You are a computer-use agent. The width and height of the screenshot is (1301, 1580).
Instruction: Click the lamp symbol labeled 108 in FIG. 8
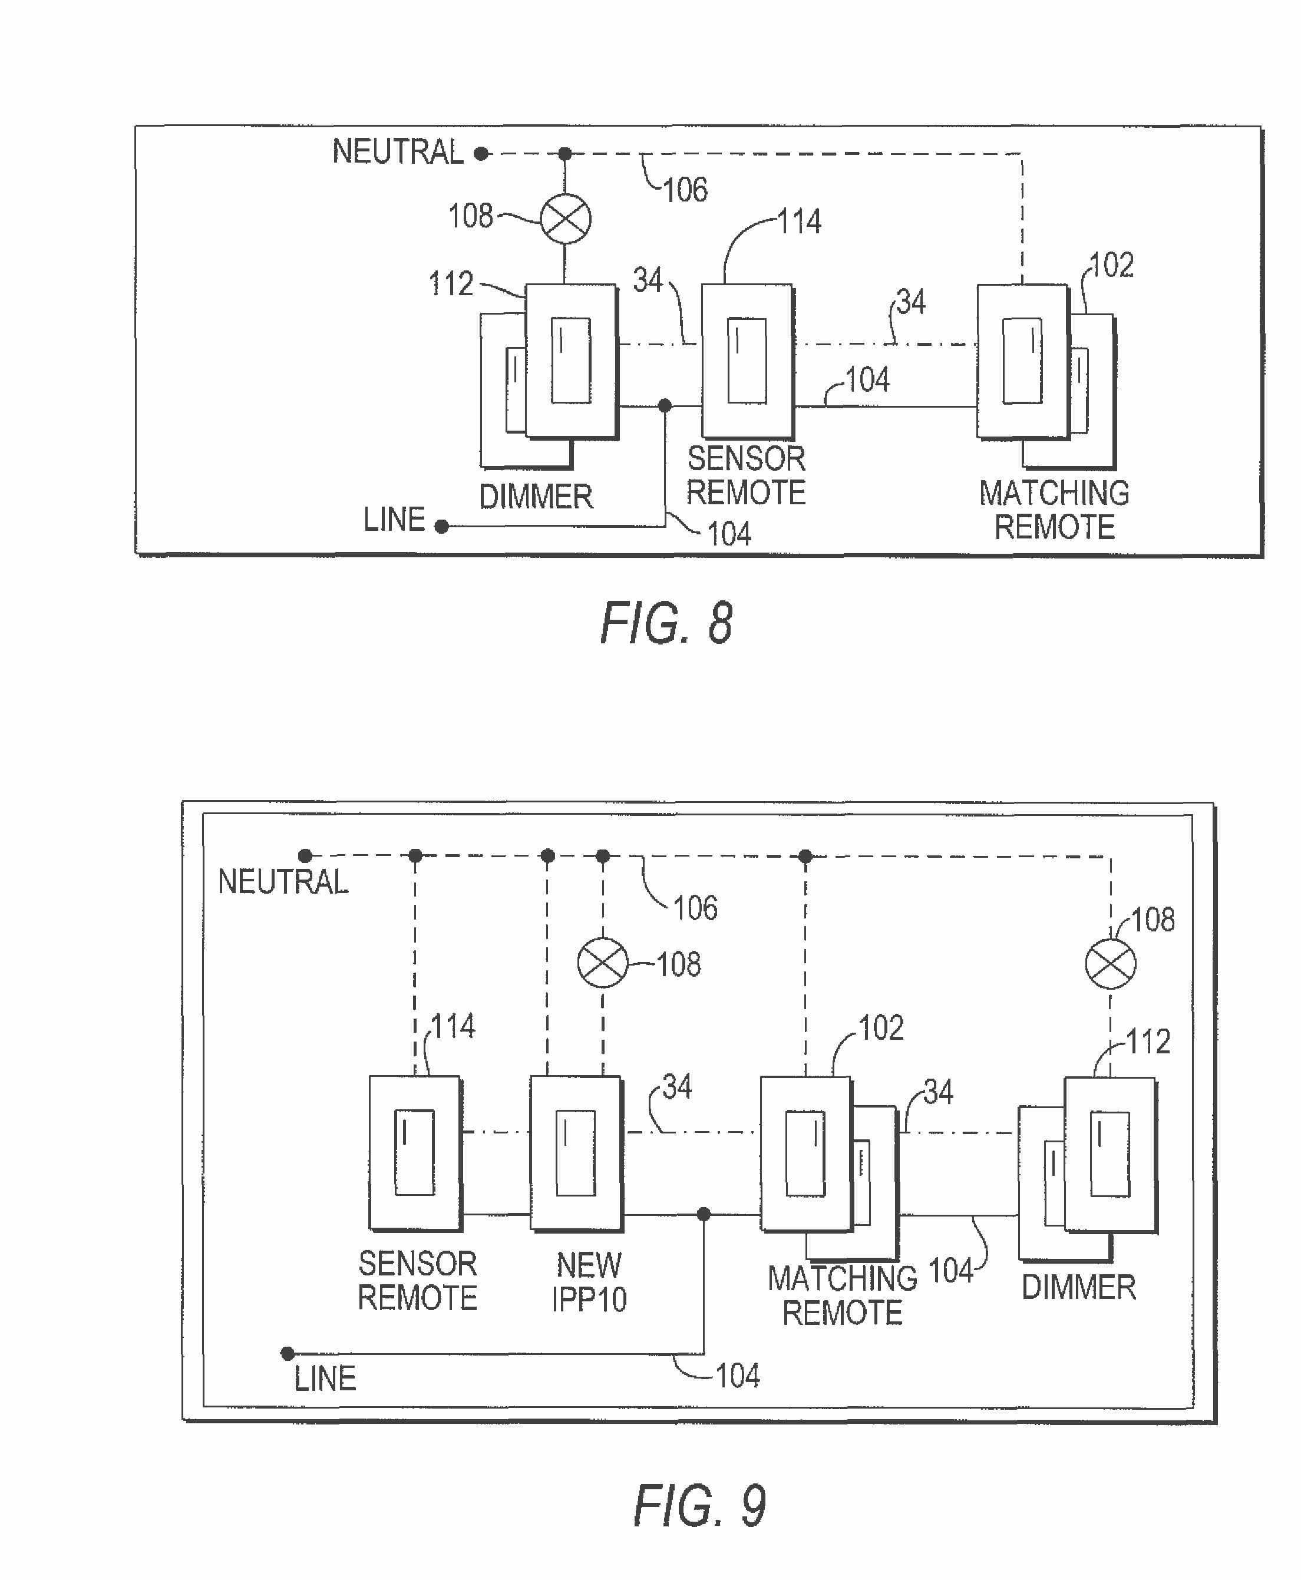tap(566, 219)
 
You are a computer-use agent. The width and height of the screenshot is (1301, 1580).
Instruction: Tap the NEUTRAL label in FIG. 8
tap(398, 152)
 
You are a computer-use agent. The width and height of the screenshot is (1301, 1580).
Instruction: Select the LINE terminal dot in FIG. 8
tap(442, 527)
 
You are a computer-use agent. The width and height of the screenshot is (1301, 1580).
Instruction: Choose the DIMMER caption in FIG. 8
tap(536, 497)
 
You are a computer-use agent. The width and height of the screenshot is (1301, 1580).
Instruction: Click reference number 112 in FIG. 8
tap(451, 284)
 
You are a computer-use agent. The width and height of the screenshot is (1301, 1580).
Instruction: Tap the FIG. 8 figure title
tap(666, 623)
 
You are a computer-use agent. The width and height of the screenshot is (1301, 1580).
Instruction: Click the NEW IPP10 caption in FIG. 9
tap(589, 1282)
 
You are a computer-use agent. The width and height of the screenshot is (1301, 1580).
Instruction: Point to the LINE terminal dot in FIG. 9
tap(288, 1354)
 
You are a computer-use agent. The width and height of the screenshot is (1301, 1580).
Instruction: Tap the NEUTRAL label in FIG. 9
tap(283, 882)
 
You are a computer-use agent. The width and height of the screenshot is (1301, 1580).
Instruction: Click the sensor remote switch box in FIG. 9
tap(414, 1152)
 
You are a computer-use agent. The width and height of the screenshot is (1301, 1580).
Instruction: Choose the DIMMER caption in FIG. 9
tap(1078, 1287)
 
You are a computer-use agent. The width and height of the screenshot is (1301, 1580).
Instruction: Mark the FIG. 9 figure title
tap(699, 1506)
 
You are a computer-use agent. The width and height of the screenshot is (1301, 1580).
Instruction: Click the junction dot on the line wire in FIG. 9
tap(704, 1214)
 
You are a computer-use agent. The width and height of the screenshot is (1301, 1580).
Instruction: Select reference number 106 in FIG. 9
tap(695, 908)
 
